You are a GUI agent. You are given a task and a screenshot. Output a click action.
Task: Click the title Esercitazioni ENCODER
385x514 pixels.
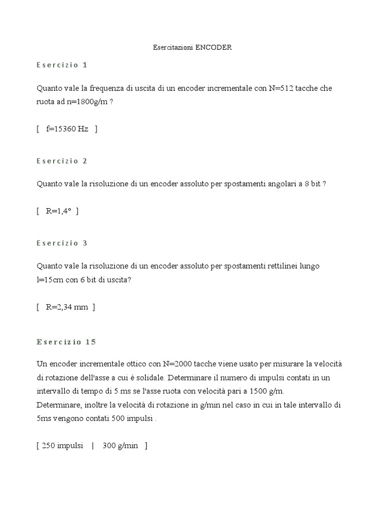(x=192, y=48)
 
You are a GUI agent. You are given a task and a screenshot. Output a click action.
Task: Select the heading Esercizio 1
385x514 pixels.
(x=62, y=65)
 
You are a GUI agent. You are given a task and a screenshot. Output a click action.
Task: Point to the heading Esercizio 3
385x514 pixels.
(x=62, y=243)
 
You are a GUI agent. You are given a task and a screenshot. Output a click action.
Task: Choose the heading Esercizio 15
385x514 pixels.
(x=66, y=342)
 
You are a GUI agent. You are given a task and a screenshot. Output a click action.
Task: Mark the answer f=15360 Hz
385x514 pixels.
(x=67, y=129)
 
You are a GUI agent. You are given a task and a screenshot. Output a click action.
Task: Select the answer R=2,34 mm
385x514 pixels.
(x=67, y=307)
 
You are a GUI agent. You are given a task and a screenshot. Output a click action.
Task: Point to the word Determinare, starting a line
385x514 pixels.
(x=57, y=405)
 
